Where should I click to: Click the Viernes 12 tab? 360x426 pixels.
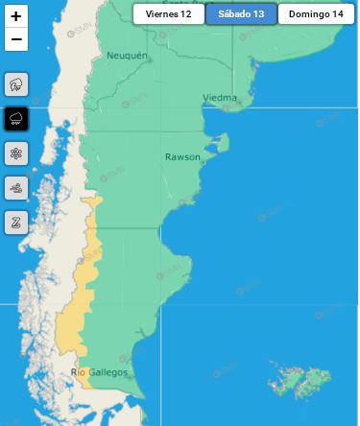(168, 14)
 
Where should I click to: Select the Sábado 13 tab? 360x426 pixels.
(241, 14)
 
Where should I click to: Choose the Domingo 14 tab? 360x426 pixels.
(316, 14)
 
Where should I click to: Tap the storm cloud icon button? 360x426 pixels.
(16, 84)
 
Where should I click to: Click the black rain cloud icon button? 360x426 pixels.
(16, 119)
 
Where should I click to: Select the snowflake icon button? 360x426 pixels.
(16, 154)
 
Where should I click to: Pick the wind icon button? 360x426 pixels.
(16, 188)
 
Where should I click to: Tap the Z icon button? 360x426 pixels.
(16, 223)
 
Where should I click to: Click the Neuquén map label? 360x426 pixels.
(128, 57)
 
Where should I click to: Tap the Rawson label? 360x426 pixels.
(182, 156)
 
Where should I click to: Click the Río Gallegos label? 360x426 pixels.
(100, 373)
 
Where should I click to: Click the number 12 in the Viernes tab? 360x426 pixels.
(185, 14)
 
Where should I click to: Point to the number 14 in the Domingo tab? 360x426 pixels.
(337, 14)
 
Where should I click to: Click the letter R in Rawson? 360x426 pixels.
(168, 156)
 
